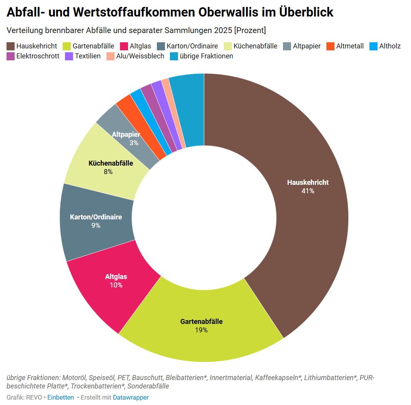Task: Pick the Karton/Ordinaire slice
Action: [x=96, y=221]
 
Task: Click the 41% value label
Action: [x=308, y=191]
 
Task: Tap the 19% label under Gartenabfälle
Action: [x=201, y=330]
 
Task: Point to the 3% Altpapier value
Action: [x=134, y=143]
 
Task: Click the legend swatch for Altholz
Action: [x=373, y=46]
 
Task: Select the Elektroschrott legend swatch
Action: [x=10, y=56]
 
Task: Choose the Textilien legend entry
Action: [x=83, y=56]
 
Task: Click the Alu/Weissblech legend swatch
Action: [x=111, y=56]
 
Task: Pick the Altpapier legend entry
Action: [x=302, y=46]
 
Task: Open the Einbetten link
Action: [x=60, y=397]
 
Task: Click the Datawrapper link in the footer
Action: [x=131, y=397]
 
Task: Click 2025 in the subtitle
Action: [x=223, y=30]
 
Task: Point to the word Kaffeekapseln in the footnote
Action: [x=278, y=378]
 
